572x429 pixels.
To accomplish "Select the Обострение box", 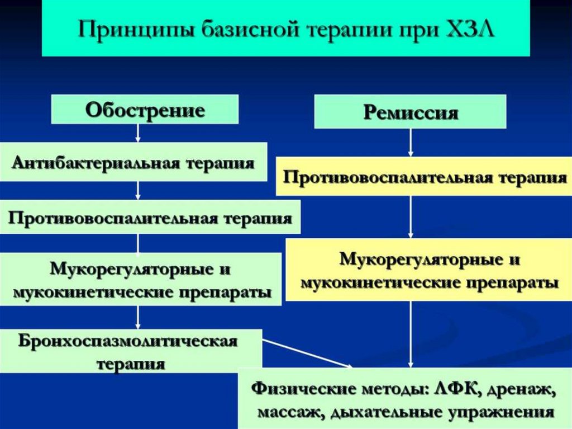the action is (145, 109).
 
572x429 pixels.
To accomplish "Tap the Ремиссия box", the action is (411, 112).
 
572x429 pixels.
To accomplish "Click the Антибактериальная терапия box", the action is (134, 162).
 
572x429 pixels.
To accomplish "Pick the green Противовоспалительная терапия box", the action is (150, 218).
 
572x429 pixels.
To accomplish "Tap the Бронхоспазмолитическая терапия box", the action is (131, 352).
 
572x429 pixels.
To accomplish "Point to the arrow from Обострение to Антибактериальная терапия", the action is (138, 133).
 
